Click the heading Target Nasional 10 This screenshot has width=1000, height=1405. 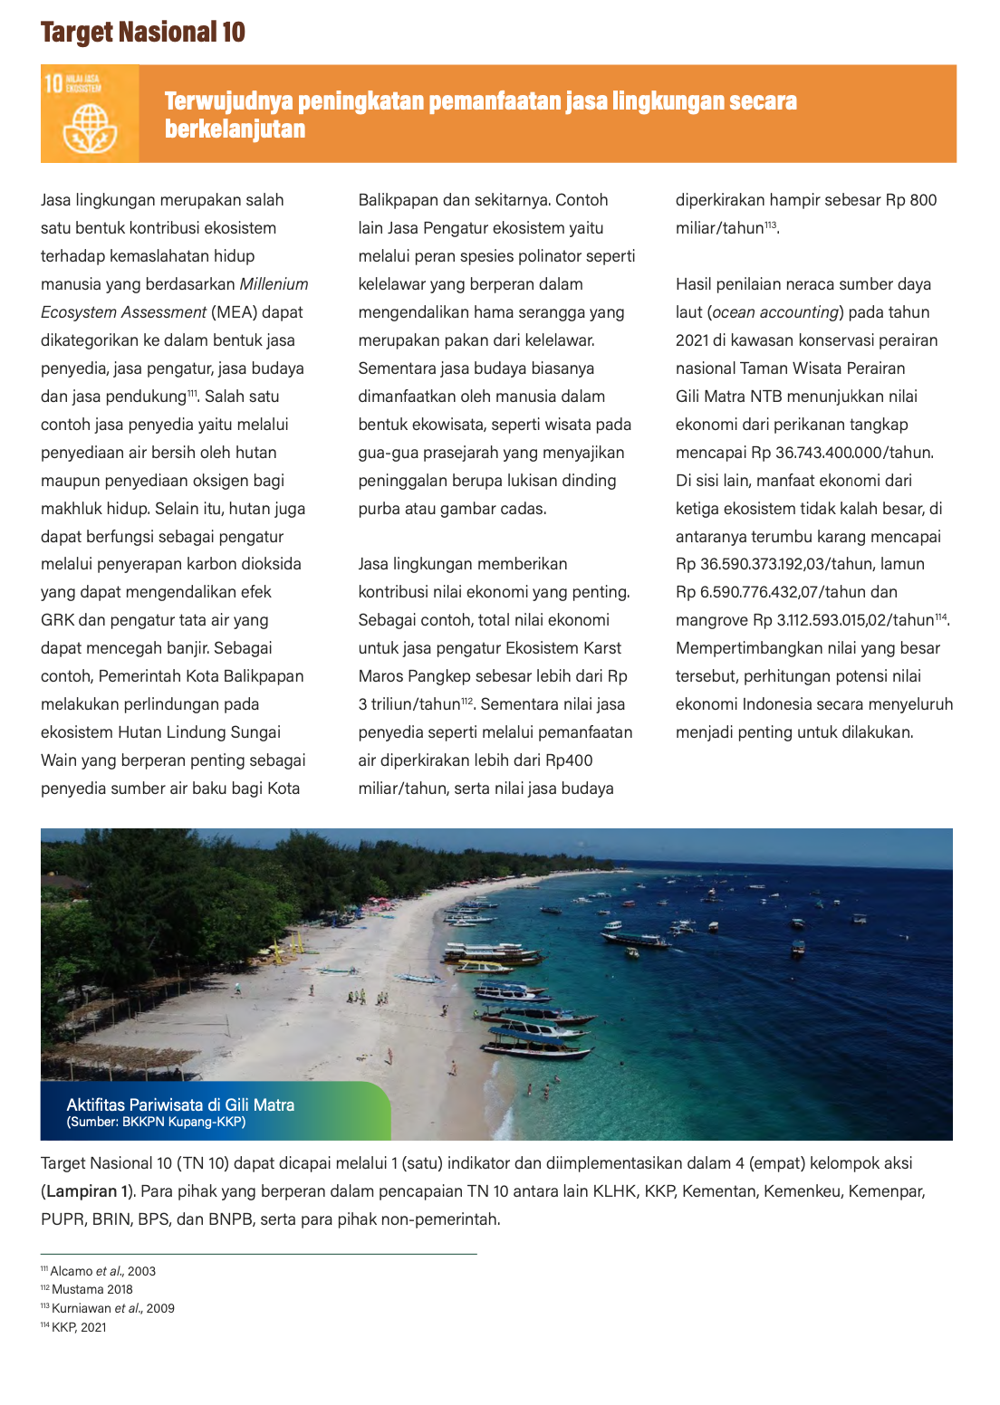tap(143, 33)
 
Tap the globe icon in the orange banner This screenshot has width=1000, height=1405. tap(90, 128)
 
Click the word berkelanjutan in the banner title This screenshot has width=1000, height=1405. tap(235, 129)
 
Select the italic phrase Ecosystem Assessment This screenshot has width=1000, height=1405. tap(123, 312)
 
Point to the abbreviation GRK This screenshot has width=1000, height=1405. tap(58, 620)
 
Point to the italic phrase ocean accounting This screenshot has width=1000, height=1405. tap(775, 312)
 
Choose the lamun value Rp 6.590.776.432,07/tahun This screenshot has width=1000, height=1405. tap(786, 592)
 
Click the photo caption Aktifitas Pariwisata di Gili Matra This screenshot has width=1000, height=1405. tap(180, 1104)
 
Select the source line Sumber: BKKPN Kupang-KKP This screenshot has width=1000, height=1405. tap(156, 1123)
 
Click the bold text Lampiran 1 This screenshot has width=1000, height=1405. tap(82, 1191)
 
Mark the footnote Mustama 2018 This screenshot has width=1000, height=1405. tap(91, 1289)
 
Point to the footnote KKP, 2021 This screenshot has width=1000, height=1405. tap(79, 1327)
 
